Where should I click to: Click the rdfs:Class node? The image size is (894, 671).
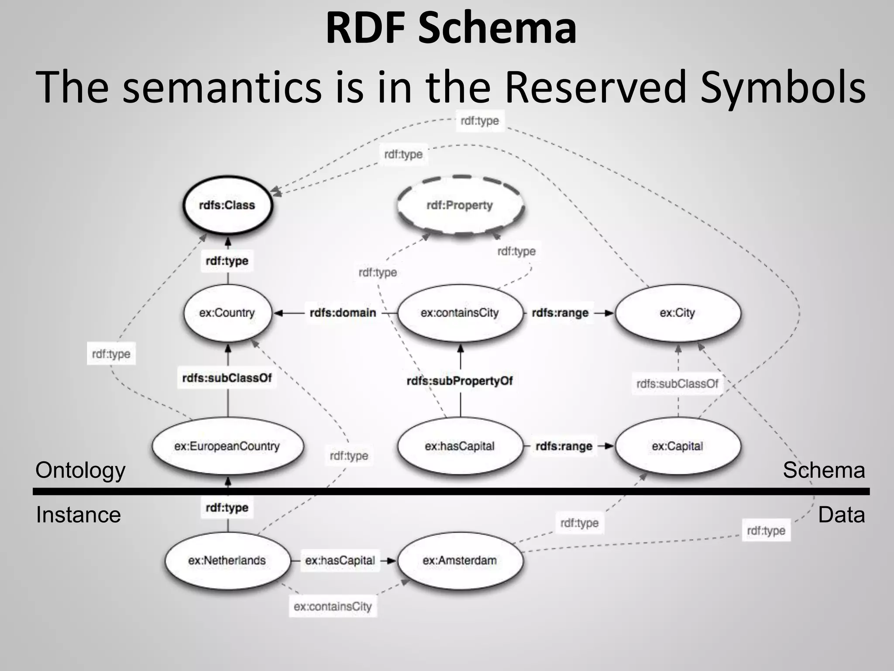pyautogui.click(x=227, y=205)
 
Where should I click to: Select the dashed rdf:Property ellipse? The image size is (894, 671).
pyautogui.click(x=460, y=205)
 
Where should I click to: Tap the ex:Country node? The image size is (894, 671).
pyautogui.click(x=227, y=313)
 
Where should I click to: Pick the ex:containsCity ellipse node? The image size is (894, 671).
pyautogui.click(x=460, y=313)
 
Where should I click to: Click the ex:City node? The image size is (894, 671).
pyautogui.click(x=677, y=313)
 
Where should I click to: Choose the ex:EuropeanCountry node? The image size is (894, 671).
pyautogui.click(x=227, y=446)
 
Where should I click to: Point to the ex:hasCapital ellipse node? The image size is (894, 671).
pyautogui.click(x=460, y=446)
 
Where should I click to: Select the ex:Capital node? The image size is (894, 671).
pyautogui.click(x=677, y=446)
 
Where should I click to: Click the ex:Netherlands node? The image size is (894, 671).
pyautogui.click(x=227, y=560)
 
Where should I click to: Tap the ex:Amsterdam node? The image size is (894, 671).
pyautogui.click(x=460, y=560)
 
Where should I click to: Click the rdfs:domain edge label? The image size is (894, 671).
pyautogui.click(x=343, y=313)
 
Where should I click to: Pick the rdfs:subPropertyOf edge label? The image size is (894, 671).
pyautogui.click(x=460, y=381)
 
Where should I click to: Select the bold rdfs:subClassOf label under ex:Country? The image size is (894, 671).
pyautogui.click(x=227, y=378)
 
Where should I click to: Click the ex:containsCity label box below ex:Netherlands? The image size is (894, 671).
pyautogui.click(x=333, y=606)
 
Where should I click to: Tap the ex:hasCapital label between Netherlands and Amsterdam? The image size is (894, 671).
pyautogui.click(x=340, y=560)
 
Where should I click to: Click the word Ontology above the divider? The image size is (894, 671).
pyautogui.click(x=80, y=470)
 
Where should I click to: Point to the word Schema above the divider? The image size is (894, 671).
pyautogui.click(x=823, y=470)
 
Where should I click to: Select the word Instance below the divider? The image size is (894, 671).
pyautogui.click(x=78, y=515)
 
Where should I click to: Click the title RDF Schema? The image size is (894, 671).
pyautogui.click(x=451, y=29)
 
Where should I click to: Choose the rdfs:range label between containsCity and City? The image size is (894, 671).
pyautogui.click(x=560, y=313)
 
